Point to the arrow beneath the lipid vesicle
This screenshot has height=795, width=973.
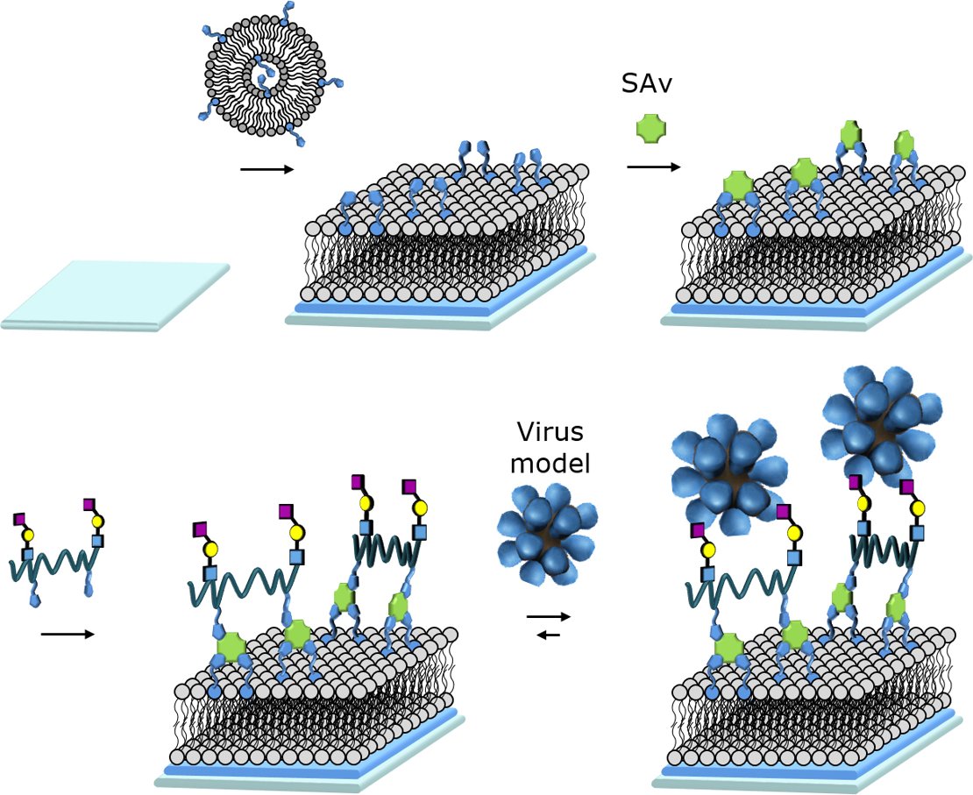(266, 168)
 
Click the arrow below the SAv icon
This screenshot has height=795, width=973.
(653, 165)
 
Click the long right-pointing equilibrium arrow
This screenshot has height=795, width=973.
(549, 617)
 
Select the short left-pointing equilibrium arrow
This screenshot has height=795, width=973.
(548, 635)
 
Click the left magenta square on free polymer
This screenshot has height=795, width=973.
(20, 519)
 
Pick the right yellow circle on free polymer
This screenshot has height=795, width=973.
(98, 521)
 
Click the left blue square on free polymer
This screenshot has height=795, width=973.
(28, 554)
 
